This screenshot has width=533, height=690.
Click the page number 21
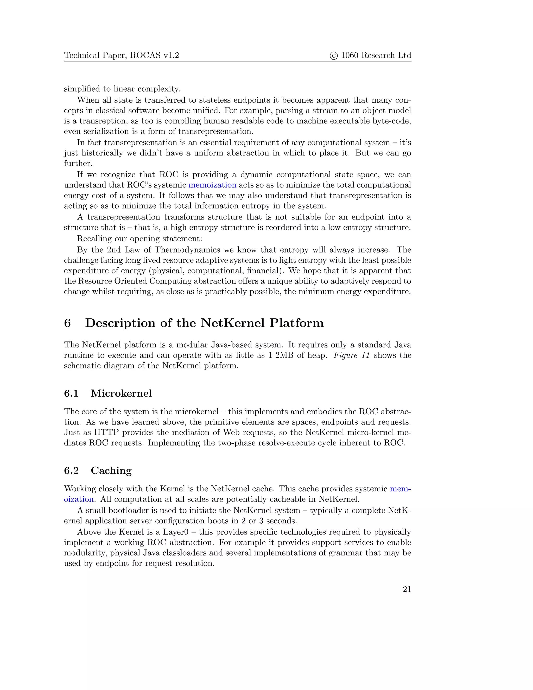click(x=407, y=589)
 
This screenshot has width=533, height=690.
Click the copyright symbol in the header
click(x=333, y=56)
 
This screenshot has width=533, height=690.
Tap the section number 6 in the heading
click(x=68, y=323)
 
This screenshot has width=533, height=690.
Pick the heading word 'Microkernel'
click(x=121, y=393)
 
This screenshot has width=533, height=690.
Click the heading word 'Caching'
click(x=111, y=471)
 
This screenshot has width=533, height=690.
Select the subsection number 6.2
click(x=71, y=471)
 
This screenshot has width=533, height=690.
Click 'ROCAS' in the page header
click(x=145, y=56)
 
